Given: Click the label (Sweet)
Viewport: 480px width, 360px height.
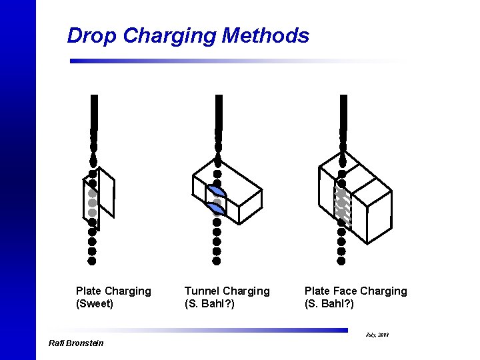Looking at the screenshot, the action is [95, 304].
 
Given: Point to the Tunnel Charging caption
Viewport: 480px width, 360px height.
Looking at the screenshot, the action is [227, 291].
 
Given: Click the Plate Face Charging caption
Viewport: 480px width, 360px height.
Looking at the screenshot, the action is [355, 291].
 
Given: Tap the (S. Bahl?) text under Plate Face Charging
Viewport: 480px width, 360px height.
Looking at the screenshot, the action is [329, 304].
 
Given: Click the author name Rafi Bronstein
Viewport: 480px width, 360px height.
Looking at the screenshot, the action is [76, 343].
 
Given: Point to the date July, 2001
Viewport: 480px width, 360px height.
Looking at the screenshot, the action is [377, 333].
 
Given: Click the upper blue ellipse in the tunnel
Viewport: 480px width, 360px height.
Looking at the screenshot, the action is [216, 191].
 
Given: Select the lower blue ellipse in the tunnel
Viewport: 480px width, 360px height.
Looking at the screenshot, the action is [216, 209].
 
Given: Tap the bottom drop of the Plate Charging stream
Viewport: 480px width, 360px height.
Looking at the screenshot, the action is [92, 261].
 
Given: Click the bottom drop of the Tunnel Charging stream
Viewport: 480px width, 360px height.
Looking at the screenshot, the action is [216, 251].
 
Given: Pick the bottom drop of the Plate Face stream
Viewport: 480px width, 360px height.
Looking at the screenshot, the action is [341, 251].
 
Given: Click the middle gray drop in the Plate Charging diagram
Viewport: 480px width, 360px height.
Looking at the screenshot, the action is [92, 203].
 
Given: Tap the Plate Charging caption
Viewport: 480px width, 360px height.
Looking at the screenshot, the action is [113, 291].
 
